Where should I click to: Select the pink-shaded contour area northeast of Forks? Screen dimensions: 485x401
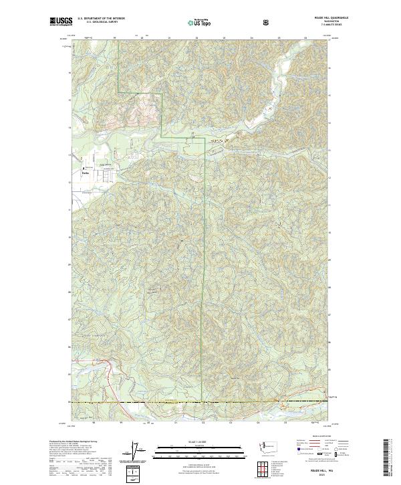point(144,107)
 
